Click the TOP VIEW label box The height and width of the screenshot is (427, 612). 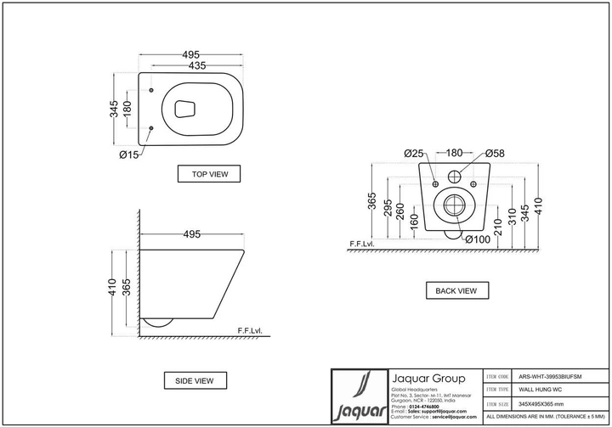pyautogui.click(x=209, y=174)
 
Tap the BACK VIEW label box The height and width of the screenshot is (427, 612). pyautogui.click(x=456, y=290)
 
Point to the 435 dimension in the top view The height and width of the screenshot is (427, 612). pyautogui.click(x=195, y=66)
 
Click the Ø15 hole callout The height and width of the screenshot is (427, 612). pyautogui.click(x=129, y=154)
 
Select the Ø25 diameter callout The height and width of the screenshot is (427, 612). pyautogui.click(x=414, y=154)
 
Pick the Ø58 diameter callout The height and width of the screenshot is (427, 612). pyautogui.click(x=496, y=154)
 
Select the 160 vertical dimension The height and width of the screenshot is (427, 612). pyautogui.click(x=413, y=222)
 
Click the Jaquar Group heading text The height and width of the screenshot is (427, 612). pyautogui.click(x=427, y=379)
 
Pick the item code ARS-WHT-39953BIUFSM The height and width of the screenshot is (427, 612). pyautogui.click(x=552, y=375)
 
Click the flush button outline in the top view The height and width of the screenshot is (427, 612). pyautogui.click(x=184, y=108)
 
